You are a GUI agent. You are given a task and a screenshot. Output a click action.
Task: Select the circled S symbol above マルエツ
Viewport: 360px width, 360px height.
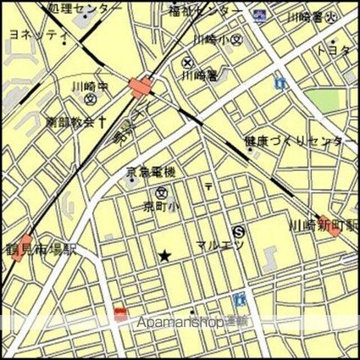[x=238, y=230]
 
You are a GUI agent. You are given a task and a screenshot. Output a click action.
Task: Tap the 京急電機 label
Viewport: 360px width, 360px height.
[x=151, y=174]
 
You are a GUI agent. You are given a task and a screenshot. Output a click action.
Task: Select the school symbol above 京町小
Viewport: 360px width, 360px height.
[x=161, y=192]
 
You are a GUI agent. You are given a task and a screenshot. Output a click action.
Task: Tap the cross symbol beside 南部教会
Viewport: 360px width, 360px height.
[x=102, y=121]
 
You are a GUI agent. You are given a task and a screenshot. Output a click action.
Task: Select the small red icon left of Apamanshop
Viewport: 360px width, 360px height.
[x=120, y=316]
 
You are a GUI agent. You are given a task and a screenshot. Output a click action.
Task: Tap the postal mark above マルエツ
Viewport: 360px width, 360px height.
[x=208, y=185]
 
